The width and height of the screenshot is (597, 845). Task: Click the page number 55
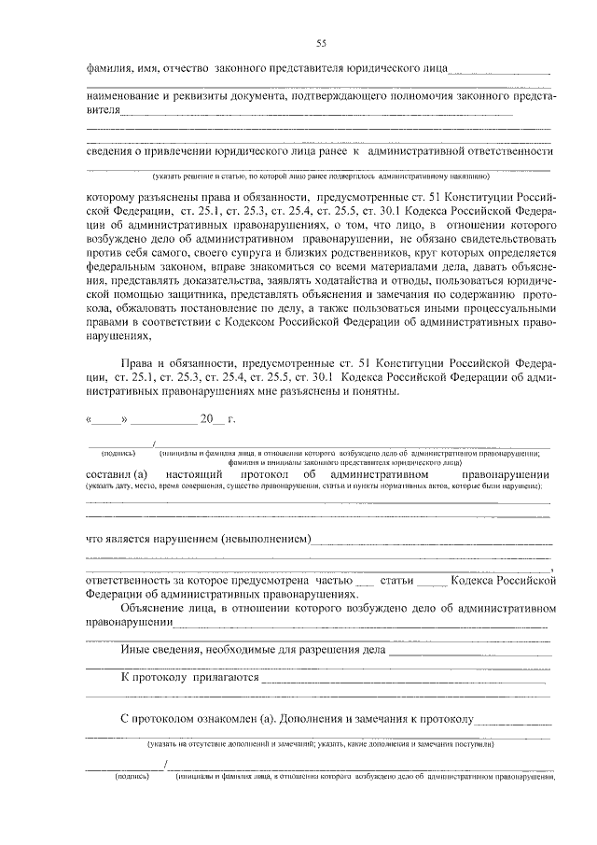321,42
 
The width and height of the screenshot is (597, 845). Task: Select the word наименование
125,96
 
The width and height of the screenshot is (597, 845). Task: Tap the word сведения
111,150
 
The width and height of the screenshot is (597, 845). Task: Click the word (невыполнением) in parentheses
265,539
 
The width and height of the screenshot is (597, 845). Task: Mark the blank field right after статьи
431,580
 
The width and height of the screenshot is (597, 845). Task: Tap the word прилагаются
225,677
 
